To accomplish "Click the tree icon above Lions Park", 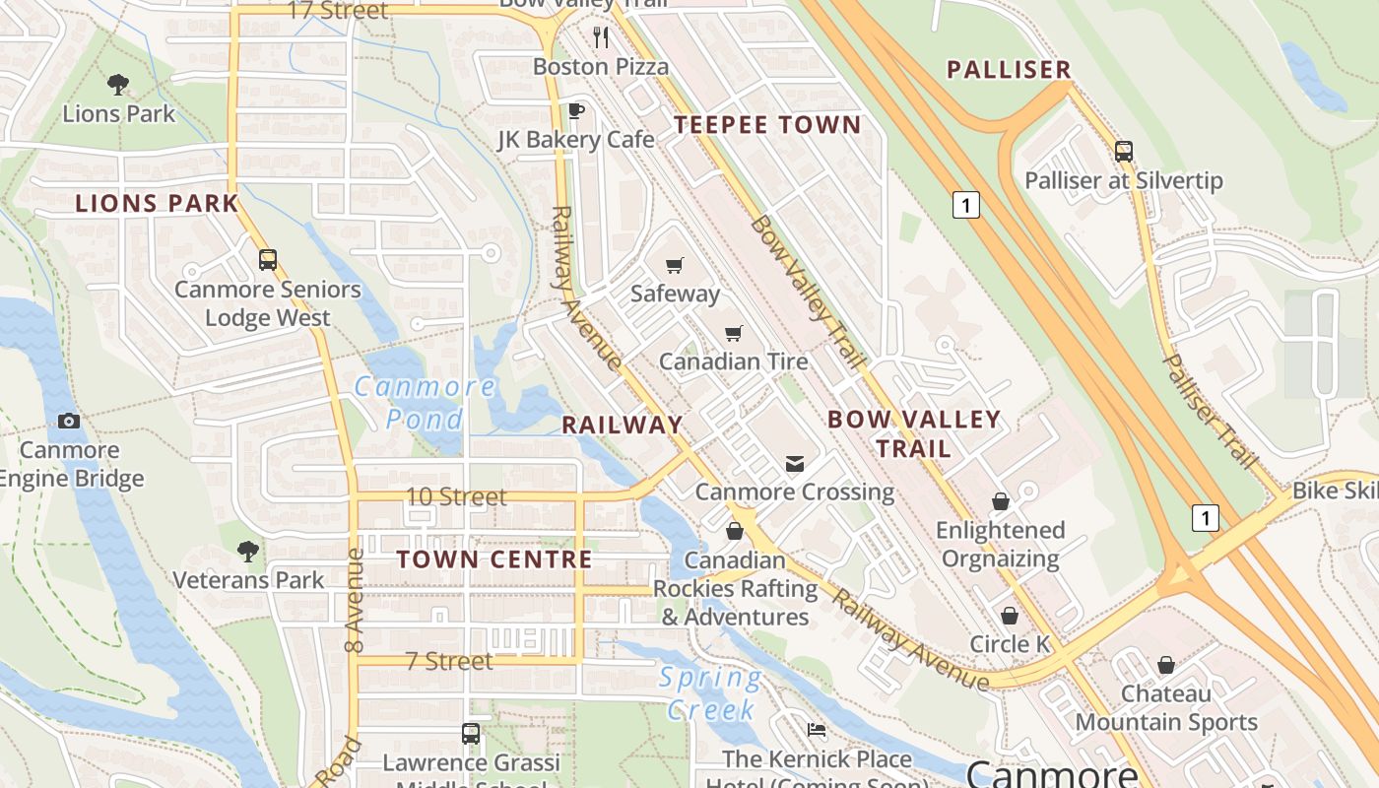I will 117,85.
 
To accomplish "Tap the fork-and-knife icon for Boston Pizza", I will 601,37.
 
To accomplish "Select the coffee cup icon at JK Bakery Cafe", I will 576,110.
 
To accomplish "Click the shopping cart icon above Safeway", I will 675,264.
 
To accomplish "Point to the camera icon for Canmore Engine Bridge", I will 68,421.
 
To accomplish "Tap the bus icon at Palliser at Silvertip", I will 1124,152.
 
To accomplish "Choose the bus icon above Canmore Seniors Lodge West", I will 267,260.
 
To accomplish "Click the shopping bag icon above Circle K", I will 1010,616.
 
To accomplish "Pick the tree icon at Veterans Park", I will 248,551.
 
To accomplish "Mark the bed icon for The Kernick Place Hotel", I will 817,730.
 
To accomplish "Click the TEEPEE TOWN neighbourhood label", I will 767,125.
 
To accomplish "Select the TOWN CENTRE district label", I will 494,559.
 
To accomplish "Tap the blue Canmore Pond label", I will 426,403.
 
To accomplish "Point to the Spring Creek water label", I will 710,692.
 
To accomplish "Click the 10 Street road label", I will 457,496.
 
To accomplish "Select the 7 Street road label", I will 448,661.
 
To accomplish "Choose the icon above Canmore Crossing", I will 794,463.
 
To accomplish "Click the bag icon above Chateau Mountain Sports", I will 1166,665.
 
